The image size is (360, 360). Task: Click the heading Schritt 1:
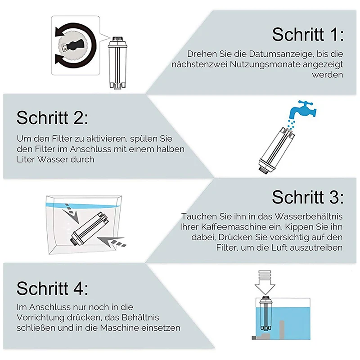308,35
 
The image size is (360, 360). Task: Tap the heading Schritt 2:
52,118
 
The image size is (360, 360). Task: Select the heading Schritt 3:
308,197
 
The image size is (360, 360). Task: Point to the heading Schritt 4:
52,288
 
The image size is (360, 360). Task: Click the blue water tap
302,109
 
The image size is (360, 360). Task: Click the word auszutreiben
317,248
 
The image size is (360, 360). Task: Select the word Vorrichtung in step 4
40,318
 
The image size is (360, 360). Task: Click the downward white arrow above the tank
265,283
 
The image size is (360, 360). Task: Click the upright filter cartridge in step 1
117,62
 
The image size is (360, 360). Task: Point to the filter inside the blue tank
265,314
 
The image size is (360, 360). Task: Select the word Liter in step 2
26,159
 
